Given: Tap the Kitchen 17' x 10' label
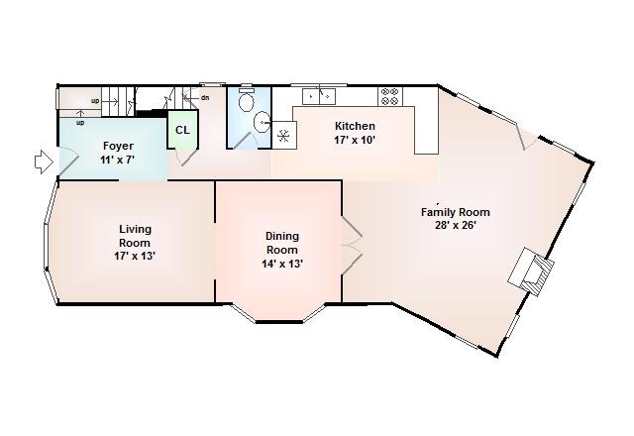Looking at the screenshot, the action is point(355,133).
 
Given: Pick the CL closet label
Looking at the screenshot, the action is point(182,130).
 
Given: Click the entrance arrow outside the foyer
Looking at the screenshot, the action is point(44,163).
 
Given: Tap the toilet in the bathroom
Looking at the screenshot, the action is point(246,99).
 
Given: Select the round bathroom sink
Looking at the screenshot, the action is point(262,121).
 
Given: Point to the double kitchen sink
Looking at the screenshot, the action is point(319,96).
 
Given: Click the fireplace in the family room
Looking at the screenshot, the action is point(531,272).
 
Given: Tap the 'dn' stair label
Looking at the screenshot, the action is point(205,97).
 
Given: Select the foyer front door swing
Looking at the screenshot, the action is point(68,162).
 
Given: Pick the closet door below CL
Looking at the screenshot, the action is point(186,156).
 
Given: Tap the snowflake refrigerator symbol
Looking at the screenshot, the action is point(283,135).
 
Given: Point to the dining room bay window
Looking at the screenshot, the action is point(279,314).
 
